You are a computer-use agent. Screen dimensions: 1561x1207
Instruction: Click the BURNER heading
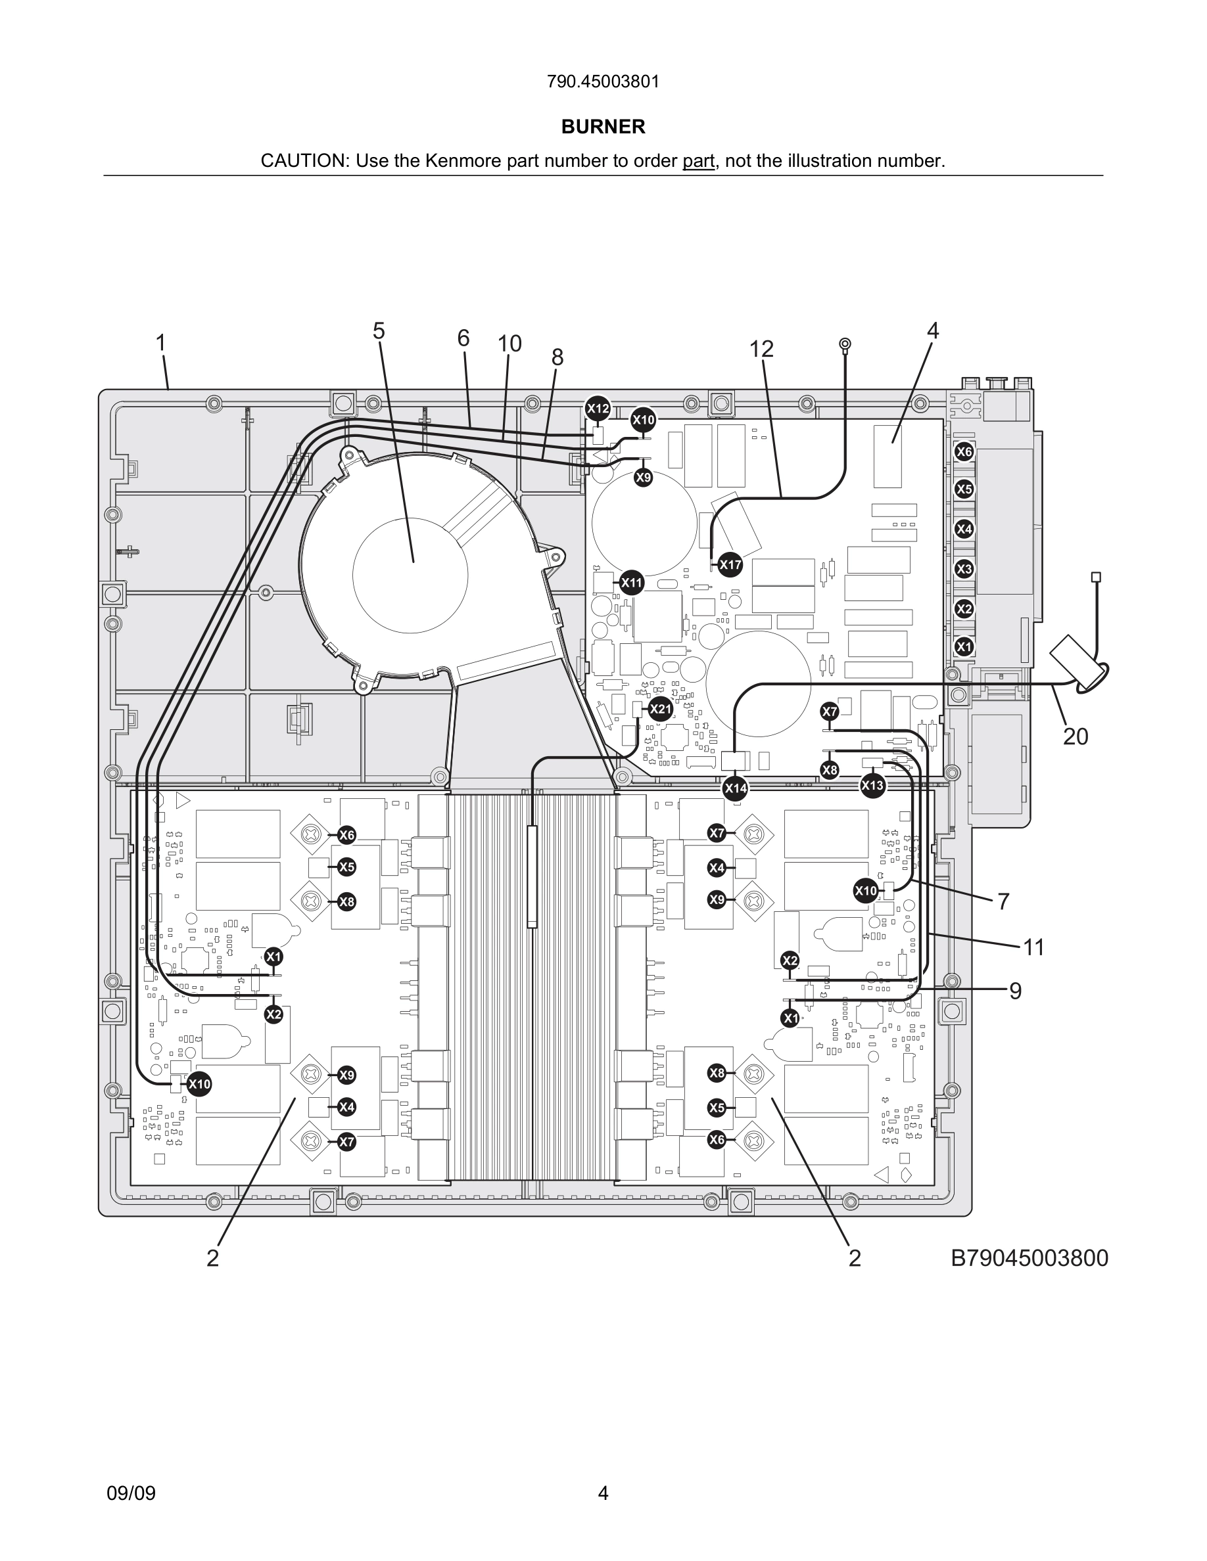tap(603, 127)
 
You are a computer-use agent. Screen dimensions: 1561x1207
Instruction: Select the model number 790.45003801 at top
tap(603, 81)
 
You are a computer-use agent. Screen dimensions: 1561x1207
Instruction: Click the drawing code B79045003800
tap(1029, 1257)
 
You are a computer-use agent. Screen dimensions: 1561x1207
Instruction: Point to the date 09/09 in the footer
tap(131, 1493)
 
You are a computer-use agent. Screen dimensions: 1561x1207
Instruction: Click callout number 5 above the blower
tap(378, 331)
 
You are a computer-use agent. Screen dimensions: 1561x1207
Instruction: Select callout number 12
tap(761, 349)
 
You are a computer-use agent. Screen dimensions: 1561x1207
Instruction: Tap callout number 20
tap(1075, 736)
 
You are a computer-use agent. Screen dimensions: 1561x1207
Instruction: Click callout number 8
tap(557, 357)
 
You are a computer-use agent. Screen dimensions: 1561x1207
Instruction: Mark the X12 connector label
tap(598, 409)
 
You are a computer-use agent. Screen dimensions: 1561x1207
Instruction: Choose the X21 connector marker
tap(660, 709)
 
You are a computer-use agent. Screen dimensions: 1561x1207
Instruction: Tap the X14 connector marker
tap(735, 788)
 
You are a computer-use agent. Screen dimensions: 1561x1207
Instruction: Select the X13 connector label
tap(872, 786)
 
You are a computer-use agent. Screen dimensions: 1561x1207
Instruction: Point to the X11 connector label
tap(631, 583)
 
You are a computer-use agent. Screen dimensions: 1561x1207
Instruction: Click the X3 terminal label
tap(964, 569)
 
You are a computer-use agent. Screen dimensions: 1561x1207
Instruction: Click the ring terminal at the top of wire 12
tap(845, 345)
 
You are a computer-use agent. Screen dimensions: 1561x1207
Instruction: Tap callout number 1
tap(161, 343)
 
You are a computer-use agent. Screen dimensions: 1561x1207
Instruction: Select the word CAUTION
tap(303, 161)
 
